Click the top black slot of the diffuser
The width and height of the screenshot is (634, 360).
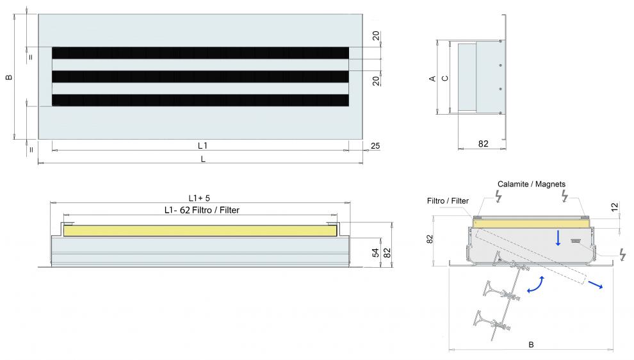click(200, 53)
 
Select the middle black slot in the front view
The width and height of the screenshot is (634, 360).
click(200, 77)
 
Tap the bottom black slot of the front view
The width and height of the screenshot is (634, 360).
click(200, 101)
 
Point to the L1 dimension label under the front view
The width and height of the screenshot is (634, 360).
click(202, 145)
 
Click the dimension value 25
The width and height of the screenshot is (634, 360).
click(375, 145)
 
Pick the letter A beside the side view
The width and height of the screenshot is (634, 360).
click(432, 79)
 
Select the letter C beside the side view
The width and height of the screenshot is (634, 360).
click(445, 79)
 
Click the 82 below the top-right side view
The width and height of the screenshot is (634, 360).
click(483, 143)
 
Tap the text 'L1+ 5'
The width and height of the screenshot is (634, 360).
click(199, 198)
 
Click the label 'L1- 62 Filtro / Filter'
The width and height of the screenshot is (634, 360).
click(202, 210)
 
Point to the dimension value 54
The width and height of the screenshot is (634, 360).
click(376, 253)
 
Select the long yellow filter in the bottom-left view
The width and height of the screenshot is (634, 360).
click(200, 231)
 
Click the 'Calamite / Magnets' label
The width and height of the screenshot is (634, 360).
click(532, 184)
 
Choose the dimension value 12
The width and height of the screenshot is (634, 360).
click(615, 208)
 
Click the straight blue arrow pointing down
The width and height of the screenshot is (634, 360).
click(558, 238)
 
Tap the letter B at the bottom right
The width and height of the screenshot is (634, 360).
click(532, 345)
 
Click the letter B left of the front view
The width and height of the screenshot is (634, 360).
click(9, 78)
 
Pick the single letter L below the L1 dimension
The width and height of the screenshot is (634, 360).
click(203, 160)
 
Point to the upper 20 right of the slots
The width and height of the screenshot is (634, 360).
click(376, 36)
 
